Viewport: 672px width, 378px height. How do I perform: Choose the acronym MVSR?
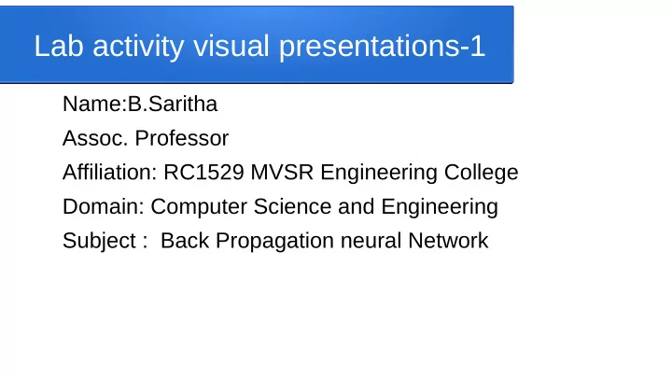click(276, 173)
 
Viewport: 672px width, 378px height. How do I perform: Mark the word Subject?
click(98, 241)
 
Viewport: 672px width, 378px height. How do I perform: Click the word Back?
click(184, 241)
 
